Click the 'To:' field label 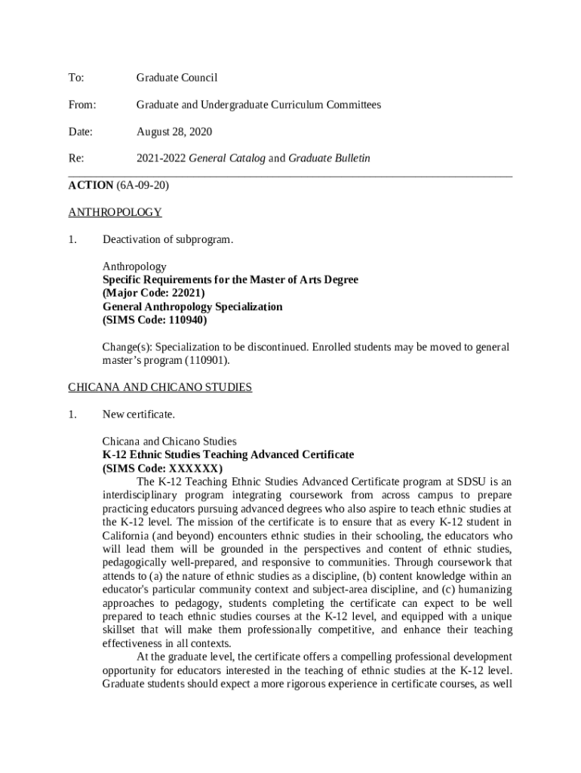[76, 78]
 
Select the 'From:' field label [81, 105]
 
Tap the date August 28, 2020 [174, 132]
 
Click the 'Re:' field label [76, 159]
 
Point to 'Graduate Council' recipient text [177, 78]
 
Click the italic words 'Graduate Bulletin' [329, 159]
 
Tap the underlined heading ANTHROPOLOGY [115, 213]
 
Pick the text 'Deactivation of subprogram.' [168, 240]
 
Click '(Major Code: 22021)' [153, 293]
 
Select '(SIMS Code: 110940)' [154, 320]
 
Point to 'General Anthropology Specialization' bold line [192, 306]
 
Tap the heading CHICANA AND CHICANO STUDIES [160, 387]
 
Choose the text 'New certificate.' [138, 414]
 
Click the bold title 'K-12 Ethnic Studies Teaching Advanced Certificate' [228, 455]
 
